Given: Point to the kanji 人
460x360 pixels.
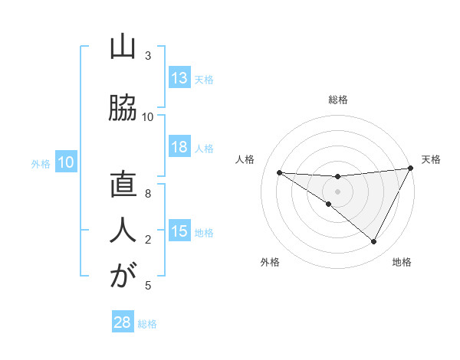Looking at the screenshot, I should click(122, 231).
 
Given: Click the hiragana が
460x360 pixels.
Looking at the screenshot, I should click(122, 277).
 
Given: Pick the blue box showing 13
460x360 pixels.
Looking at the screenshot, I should click(179, 79).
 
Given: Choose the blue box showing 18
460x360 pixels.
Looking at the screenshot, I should click(179, 148).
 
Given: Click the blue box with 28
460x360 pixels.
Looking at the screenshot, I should click(123, 322).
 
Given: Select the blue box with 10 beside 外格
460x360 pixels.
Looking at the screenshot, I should click(66, 162).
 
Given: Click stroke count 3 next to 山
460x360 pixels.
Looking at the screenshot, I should click(148, 56).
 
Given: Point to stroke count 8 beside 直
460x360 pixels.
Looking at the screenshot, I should click(148, 194).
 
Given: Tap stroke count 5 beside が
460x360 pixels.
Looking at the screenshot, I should click(148, 286).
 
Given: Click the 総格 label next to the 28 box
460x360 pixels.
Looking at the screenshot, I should click(147, 324).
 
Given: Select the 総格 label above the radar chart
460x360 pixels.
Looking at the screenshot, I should click(337, 100).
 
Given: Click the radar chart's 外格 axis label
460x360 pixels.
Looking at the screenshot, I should click(269, 262).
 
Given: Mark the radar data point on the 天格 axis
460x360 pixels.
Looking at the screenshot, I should click(411, 169).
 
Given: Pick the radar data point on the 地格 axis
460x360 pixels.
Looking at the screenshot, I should click(374, 242).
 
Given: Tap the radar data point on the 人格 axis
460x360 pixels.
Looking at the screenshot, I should click(279, 172).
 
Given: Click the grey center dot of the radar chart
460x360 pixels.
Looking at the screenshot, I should click(337, 191).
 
